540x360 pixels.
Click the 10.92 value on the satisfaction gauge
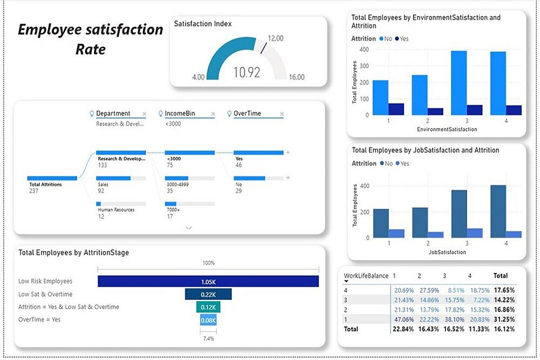(247, 72)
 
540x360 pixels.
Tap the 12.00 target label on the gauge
(275, 38)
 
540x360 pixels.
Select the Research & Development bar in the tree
(121, 153)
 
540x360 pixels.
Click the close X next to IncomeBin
(213, 114)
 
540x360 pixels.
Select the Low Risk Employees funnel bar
(208, 281)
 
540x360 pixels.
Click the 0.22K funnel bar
(208, 294)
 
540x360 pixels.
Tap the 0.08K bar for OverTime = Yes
(208, 320)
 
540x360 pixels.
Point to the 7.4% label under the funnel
(208, 338)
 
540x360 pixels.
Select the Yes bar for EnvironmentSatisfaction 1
(396, 109)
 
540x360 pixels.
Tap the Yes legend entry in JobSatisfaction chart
(402, 164)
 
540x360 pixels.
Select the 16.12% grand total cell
(505, 329)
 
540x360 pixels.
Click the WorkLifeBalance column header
(366, 276)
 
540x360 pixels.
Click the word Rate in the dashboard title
(91, 50)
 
